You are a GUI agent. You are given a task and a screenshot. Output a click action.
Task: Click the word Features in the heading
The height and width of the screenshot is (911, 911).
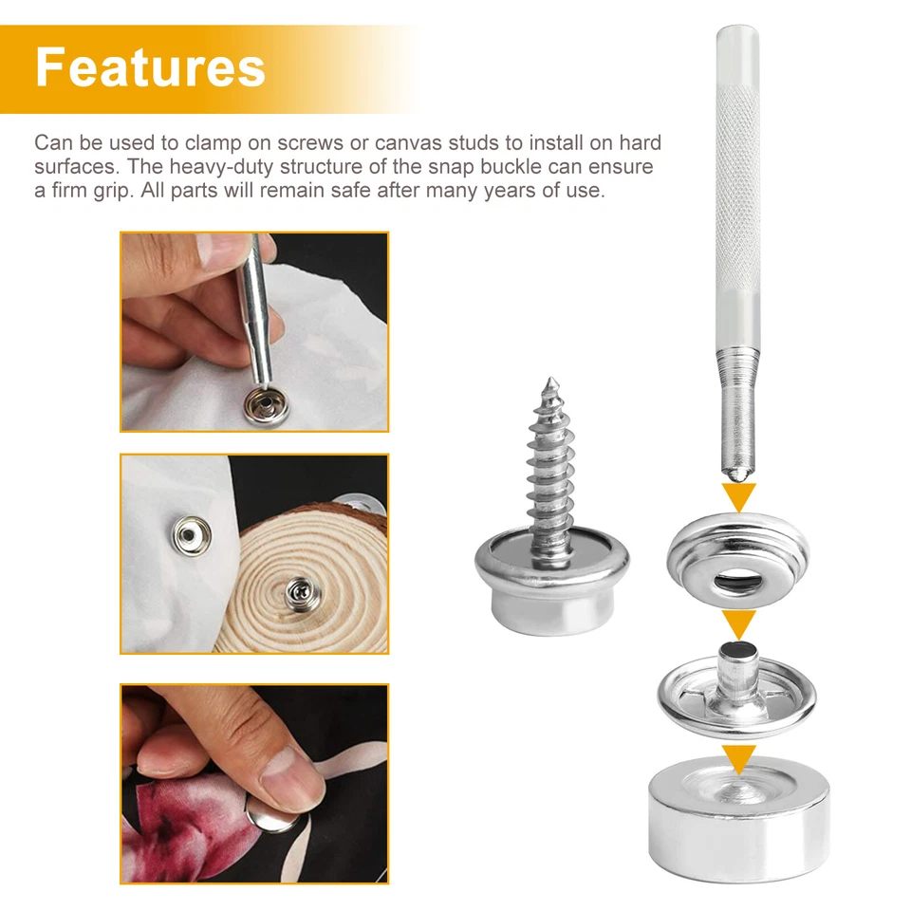(150, 67)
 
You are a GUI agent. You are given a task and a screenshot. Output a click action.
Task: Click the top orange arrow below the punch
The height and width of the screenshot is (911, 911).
(738, 496)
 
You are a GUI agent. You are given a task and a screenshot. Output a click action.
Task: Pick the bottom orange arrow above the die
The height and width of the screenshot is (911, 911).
(738, 757)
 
